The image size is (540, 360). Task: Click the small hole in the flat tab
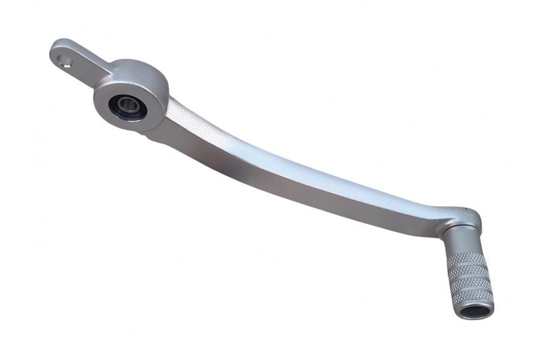65,61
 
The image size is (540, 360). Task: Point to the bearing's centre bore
127,106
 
